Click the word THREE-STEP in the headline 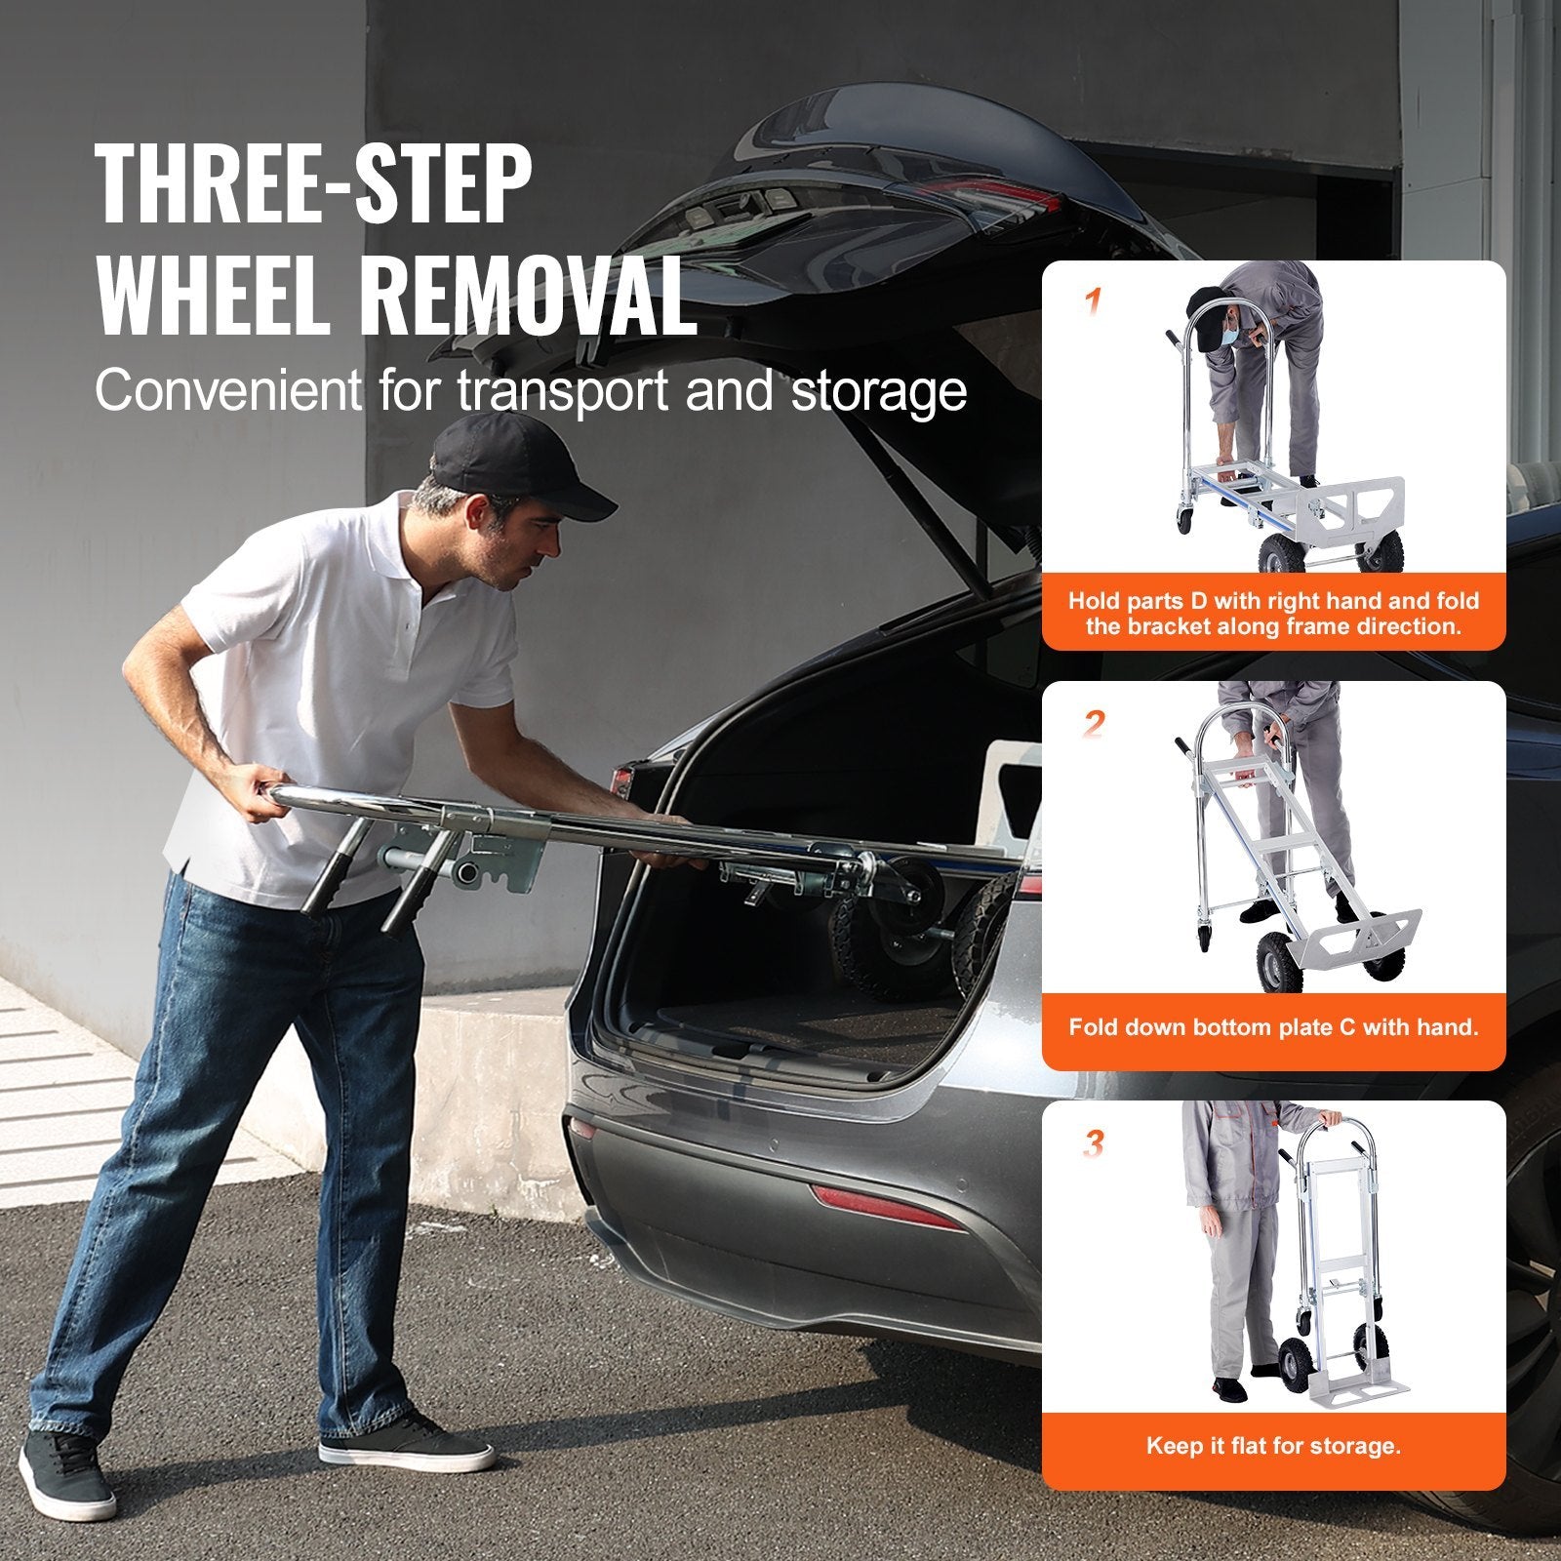[314, 185]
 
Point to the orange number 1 [1094, 302]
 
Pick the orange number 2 [1094, 724]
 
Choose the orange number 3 [1094, 1143]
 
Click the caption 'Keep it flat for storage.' [1273, 1445]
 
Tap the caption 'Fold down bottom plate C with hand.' [1273, 1026]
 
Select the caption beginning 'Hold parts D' [1273, 613]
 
